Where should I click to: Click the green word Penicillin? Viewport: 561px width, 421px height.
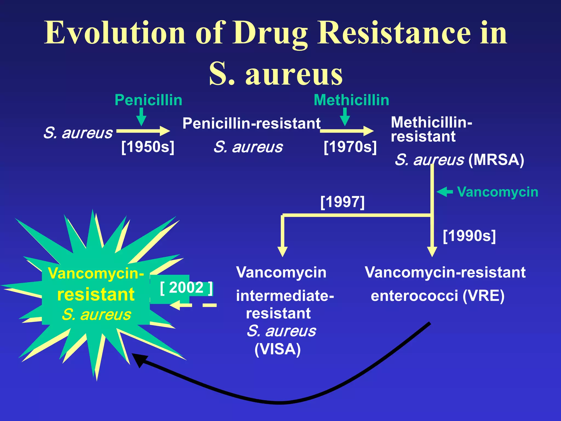coord(148,100)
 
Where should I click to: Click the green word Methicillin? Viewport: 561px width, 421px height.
coord(351,100)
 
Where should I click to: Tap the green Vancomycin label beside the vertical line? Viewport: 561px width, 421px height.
coord(497,192)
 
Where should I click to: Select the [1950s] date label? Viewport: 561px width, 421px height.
coord(148,147)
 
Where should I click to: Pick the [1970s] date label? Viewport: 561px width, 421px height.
coord(350,147)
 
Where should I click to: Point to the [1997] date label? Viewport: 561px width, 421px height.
coord(342,202)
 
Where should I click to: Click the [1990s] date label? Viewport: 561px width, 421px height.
coord(469,236)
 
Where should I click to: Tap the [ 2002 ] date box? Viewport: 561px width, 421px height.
coord(186,288)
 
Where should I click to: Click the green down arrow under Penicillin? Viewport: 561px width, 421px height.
coord(141,116)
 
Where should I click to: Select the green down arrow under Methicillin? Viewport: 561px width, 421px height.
coord(345,116)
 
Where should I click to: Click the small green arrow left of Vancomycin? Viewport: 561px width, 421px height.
coord(444,192)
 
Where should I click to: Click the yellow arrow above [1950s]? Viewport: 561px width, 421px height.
coord(143,131)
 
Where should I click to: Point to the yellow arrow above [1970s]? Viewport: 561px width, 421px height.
coord(347,131)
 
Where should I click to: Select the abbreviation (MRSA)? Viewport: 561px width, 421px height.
coord(496,160)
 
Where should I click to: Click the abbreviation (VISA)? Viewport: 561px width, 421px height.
coord(277,349)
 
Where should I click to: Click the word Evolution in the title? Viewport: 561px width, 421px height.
coord(115,33)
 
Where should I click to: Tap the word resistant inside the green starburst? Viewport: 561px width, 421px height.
coord(96,295)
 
